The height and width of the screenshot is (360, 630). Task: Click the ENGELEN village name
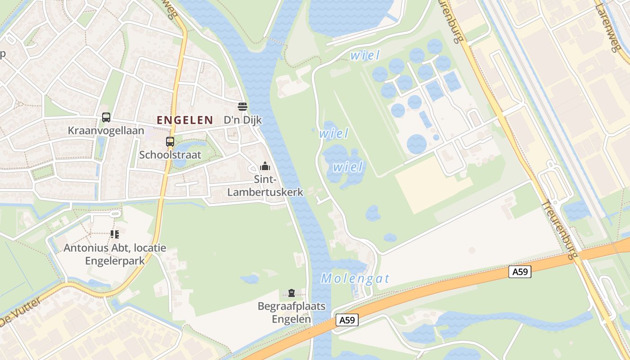point(184,120)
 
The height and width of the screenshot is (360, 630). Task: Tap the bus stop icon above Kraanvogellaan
point(106,117)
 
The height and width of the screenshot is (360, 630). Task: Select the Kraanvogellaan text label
point(106,131)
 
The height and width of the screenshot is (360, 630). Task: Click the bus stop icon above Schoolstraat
point(170,142)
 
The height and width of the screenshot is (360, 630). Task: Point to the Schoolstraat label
point(170,155)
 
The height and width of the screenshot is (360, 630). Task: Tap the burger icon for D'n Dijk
point(243,107)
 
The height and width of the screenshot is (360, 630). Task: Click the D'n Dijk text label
point(243,120)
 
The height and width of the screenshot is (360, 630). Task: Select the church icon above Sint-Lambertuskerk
point(265,166)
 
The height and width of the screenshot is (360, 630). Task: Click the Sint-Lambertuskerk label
point(265,186)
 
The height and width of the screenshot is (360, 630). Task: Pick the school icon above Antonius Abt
point(115,234)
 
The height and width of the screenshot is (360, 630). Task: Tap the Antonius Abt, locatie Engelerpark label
point(115,254)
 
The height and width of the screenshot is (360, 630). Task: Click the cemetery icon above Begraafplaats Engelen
point(292,293)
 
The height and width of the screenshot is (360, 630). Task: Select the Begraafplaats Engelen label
point(291,313)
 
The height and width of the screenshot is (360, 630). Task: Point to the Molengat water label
point(355,279)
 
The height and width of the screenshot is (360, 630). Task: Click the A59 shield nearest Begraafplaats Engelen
point(347,320)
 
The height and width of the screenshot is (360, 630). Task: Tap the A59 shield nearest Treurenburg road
point(520,271)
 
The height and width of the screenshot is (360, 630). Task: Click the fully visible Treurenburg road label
point(558,230)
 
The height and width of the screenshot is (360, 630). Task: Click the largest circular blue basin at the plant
point(417,144)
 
